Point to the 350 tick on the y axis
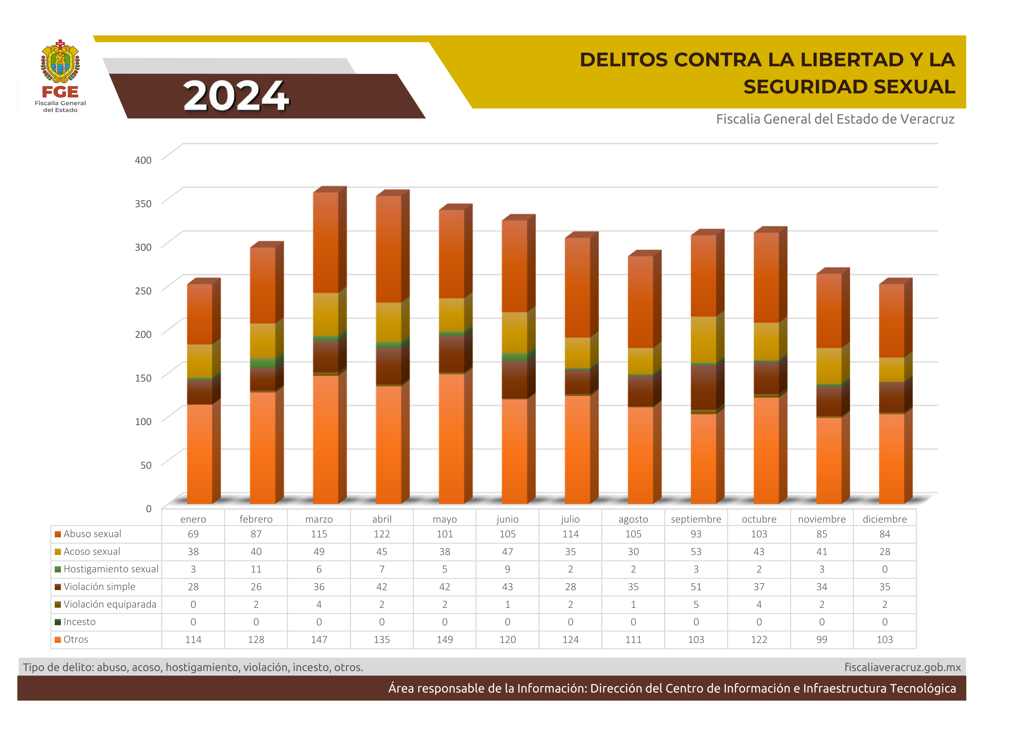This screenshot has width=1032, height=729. point(143,203)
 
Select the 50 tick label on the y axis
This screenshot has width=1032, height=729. point(146,465)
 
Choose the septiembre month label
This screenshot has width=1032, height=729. point(696,519)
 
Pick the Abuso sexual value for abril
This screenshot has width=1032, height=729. point(382,534)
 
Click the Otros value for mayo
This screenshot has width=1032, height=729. point(445,640)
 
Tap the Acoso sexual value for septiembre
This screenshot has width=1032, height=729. point(696,552)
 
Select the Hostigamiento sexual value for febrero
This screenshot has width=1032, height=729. point(256,569)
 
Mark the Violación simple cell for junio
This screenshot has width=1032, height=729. point(507,587)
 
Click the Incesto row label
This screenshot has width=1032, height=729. point(80,622)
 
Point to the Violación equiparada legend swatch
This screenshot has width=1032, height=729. point(58,605)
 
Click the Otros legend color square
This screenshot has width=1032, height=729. point(58,640)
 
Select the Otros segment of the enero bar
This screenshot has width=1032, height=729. point(200,454)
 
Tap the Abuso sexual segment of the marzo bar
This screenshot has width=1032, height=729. point(325,243)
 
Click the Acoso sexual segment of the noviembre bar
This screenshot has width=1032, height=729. point(828,366)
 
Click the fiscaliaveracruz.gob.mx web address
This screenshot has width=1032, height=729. point(903,667)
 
